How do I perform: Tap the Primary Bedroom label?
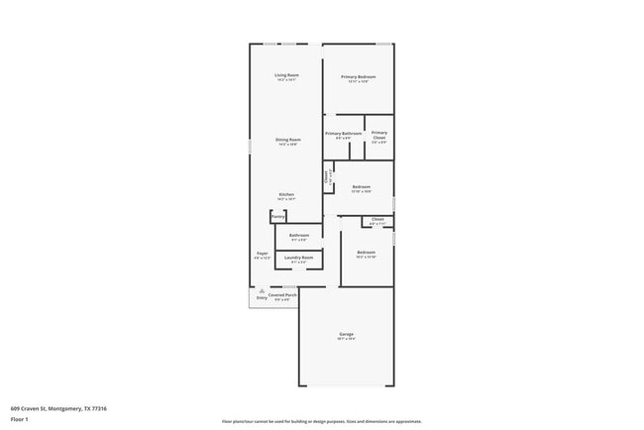(x=359, y=76)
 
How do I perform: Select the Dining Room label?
(x=287, y=140)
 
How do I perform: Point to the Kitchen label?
(x=285, y=194)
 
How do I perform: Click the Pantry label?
(x=277, y=215)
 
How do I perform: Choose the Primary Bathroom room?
(x=343, y=135)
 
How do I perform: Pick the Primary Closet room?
(x=379, y=137)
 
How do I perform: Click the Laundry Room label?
(x=298, y=259)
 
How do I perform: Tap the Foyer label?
(x=263, y=254)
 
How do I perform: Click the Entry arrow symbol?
(x=262, y=291)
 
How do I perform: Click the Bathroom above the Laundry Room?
(x=298, y=236)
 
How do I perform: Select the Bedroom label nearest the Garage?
(x=367, y=253)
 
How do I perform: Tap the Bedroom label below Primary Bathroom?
(x=362, y=186)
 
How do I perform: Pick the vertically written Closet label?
(x=327, y=178)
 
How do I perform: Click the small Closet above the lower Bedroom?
(x=377, y=220)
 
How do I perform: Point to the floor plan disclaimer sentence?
(x=321, y=421)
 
